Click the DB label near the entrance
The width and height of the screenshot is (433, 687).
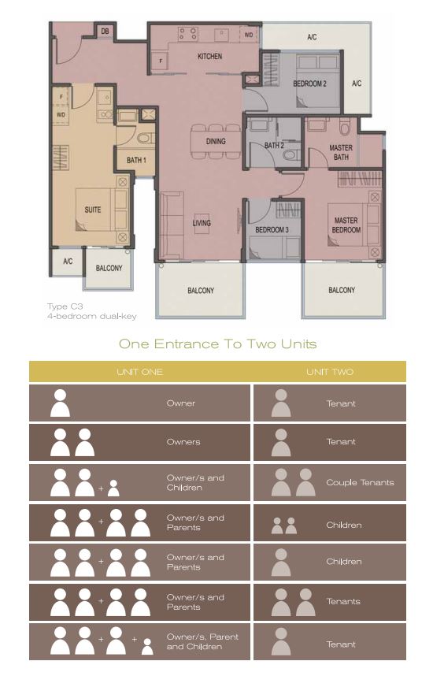coord(105,32)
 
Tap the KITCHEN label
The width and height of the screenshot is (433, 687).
coord(209,56)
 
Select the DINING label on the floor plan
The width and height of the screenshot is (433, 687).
coord(216,141)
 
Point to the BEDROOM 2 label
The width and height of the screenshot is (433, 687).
coord(309,84)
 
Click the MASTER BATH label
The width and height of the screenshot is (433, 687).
coord(341,152)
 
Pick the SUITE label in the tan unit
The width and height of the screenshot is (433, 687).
coord(93,210)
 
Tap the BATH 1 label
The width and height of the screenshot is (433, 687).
coord(136,160)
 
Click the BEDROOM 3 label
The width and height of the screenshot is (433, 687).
coord(272,229)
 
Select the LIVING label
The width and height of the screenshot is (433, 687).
coord(202,223)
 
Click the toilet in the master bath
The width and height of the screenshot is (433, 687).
coord(345,128)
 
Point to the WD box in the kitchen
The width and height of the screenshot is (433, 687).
coord(248,35)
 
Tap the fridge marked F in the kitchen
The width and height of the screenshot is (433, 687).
coord(161,61)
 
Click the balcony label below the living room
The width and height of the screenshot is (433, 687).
coord(201,291)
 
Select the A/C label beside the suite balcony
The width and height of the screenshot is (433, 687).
coord(68,262)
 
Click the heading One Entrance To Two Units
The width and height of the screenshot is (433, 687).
coord(217,344)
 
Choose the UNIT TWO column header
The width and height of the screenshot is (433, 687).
coord(330,372)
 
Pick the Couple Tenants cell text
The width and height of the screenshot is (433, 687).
coord(360,482)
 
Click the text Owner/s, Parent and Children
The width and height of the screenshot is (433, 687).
coord(202,641)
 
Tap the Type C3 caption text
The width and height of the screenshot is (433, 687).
coord(65,306)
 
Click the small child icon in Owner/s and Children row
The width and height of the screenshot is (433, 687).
coord(113,488)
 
